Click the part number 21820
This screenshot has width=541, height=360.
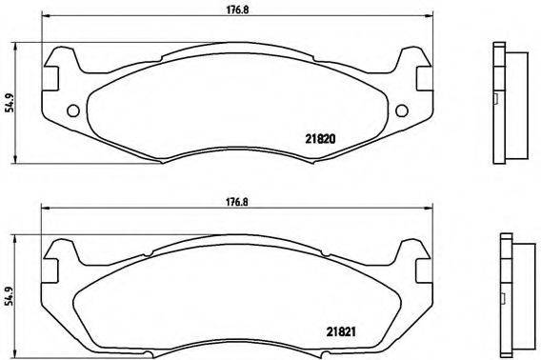point(321,137)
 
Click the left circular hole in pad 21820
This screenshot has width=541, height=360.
point(72,110)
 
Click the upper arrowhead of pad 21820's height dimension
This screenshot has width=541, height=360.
point(22,47)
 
